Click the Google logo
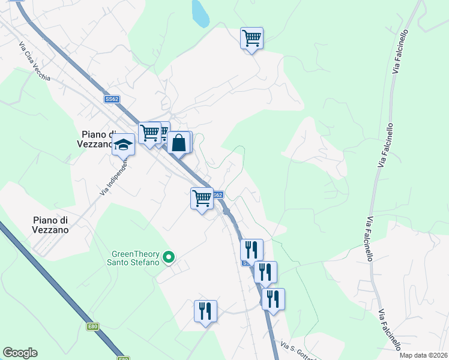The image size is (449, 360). (20, 353)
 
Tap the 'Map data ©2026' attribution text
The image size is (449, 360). (423, 355)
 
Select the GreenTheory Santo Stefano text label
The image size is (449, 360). (133, 257)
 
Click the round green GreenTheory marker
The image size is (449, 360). (169, 257)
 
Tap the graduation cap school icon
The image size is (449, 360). (124, 144)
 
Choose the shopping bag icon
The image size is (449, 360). (179, 143)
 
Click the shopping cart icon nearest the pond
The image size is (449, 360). (252, 38)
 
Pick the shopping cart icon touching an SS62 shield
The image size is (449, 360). (202, 197)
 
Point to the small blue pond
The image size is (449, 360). (199, 13)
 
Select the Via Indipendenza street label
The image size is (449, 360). (115, 175)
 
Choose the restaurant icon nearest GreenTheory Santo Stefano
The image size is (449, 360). (205, 311)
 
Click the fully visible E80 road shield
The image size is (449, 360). (92, 326)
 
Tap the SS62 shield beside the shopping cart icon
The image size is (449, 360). (218, 195)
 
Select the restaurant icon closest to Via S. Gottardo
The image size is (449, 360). (273, 298)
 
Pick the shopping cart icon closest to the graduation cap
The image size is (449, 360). (149, 133)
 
